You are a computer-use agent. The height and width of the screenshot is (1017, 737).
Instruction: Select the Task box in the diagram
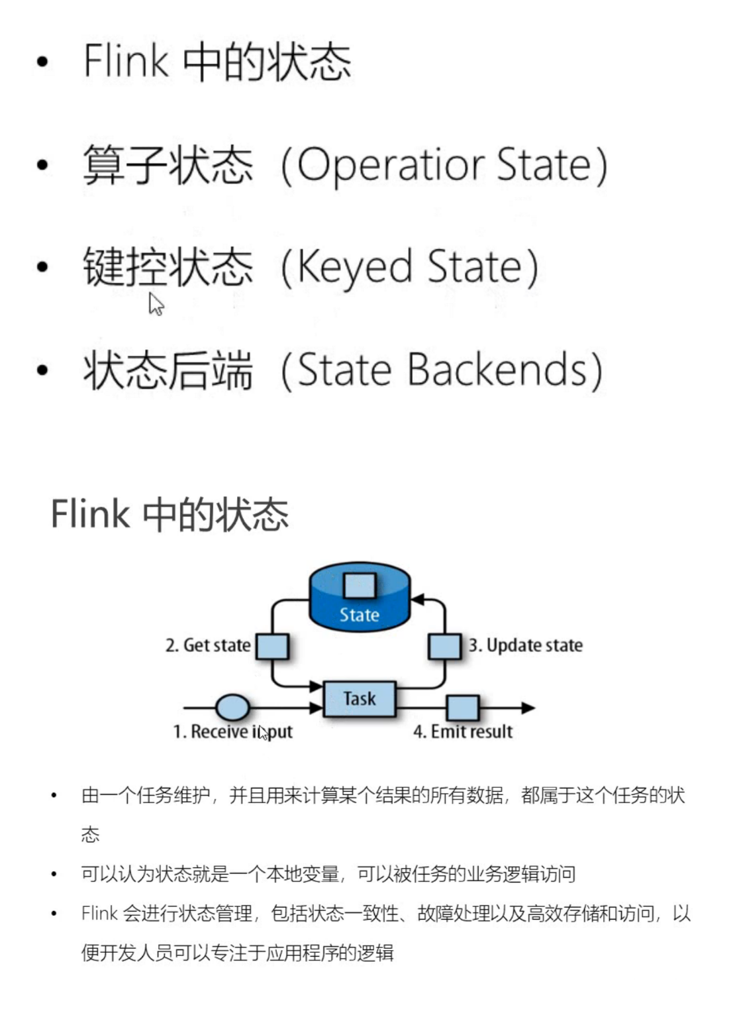click(x=359, y=699)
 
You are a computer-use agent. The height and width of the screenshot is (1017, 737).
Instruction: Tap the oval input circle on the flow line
click(x=233, y=708)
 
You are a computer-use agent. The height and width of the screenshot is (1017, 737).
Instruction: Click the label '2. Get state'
click(x=208, y=645)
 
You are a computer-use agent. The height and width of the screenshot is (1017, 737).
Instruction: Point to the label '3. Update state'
click(x=526, y=645)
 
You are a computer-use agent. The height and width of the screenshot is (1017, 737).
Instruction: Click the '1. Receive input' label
click(x=232, y=731)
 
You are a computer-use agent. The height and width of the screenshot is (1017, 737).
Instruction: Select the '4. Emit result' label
click(x=463, y=731)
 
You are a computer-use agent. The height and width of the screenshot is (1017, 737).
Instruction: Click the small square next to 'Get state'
click(x=271, y=646)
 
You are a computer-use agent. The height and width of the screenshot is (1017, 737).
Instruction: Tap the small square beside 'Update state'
click(x=444, y=646)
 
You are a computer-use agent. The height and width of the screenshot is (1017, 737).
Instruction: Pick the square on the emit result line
click(x=462, y=708)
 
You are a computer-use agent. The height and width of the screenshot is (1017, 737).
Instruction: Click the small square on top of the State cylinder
click(x=360, y=586)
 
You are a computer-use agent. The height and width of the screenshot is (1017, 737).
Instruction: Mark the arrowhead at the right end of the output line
click(x=528, y=708)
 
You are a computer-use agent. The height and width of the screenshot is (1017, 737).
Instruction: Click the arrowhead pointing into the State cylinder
click(x=418, y=600)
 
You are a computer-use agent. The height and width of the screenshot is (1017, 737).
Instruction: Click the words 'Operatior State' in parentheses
click(x=444, y=165)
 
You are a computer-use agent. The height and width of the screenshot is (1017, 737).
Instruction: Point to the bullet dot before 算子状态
click(x=43, y=165)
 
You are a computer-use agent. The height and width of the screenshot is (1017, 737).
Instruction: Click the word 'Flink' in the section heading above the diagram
click(x=89, y=514)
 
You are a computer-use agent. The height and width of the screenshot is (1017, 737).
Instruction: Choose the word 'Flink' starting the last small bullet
click(x=99, y=914)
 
